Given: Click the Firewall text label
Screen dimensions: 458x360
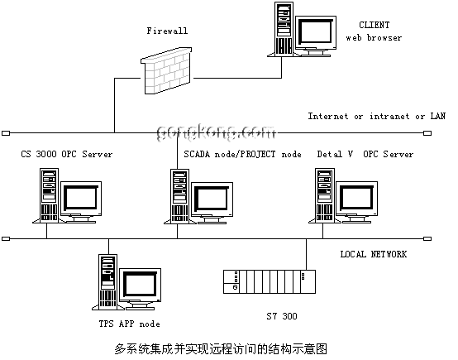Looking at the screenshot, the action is click(167, 31).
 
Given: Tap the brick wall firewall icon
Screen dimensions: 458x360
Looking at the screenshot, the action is click(166, 71).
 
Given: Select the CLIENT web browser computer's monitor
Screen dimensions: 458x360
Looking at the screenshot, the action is click(316, 36).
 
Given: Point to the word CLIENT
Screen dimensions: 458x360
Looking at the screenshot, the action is click(375, 25).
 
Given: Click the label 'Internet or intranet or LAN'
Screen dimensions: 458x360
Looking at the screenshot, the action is click(376, 116).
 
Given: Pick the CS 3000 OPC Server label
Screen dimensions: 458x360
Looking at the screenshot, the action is click(67, 154).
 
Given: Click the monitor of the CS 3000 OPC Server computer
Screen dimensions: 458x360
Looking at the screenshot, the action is click(81, 202).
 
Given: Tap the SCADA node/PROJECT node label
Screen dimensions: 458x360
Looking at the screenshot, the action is click(242, 154).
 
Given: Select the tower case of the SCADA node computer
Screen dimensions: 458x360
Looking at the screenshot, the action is click(179, 196).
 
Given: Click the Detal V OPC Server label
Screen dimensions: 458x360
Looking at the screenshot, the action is click(365, 154).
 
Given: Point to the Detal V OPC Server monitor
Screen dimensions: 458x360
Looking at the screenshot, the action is click(356, 202).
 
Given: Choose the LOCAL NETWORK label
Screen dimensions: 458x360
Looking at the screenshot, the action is click(374, 254).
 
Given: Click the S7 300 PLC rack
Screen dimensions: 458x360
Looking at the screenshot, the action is click(270, 281).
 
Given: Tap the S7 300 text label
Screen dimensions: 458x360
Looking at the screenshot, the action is click(282, 316).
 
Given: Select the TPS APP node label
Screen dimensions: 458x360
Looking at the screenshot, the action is click(129, 324).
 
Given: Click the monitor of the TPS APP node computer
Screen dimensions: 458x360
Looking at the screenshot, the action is click(140, 289).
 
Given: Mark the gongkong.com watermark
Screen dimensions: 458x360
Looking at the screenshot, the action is click(216, 132).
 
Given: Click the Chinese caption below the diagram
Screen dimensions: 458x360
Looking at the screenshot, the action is click(221, 349).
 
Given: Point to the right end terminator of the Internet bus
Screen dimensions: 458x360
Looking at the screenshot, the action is click(427, 133).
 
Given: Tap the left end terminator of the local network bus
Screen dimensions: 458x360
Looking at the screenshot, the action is click(6, 238).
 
